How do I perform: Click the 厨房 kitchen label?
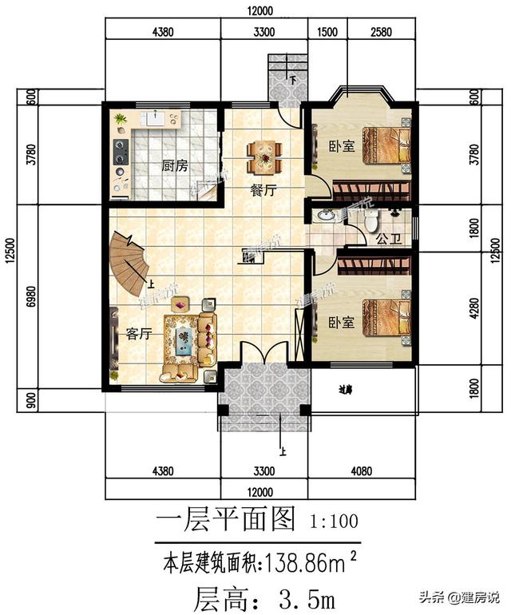click(174, 166)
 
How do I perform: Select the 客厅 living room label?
click(138, 335)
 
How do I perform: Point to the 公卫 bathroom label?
click(386, 238)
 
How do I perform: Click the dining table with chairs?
click(264, 157)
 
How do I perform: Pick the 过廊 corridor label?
click(345, 391)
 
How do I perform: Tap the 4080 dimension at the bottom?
click(361, 470)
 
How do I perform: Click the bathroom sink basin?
click(327, 216)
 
